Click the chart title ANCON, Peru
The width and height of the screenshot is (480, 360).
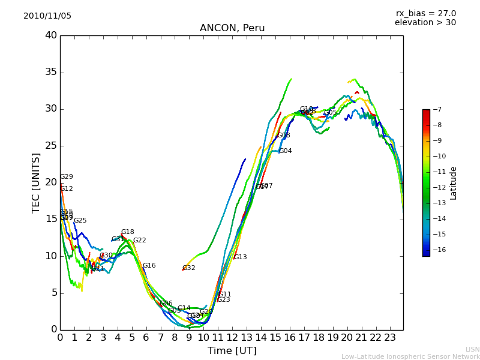[232, 28]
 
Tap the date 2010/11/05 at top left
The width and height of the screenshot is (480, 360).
[47, 16]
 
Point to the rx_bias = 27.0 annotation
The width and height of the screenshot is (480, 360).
[425, 14]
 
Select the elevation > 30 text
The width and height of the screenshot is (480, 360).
[425, 23]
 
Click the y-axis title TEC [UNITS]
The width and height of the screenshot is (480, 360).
[36, 182]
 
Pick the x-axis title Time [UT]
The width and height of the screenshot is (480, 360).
[232, 351]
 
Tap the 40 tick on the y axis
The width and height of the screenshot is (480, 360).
[51, 35]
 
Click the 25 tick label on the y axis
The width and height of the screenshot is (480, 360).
[51, 146]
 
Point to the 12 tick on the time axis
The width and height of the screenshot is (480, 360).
[232, 337]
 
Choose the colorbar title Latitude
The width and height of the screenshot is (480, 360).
[454, 183]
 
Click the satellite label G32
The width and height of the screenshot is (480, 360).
[189, 268]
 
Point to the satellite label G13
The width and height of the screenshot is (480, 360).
[240, 257]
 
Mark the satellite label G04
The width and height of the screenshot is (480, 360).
[285, 151]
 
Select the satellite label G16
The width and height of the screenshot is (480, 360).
[149, 266]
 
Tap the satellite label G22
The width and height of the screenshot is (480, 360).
[139, 241]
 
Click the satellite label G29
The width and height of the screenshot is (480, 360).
[67, 177]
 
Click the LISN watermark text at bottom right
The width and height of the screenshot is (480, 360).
[472, 349]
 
